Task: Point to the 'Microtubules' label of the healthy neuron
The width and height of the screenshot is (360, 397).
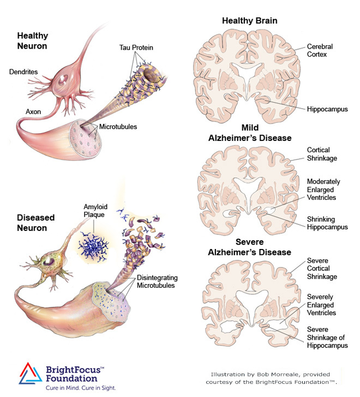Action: pos(118,127)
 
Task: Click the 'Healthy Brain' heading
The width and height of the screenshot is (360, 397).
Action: pos(249,21)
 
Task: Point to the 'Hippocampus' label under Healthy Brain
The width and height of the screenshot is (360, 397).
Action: pos(327,109)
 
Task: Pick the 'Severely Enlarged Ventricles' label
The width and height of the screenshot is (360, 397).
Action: pos(322,304)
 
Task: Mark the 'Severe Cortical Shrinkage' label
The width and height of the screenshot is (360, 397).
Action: pos(322,269)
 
